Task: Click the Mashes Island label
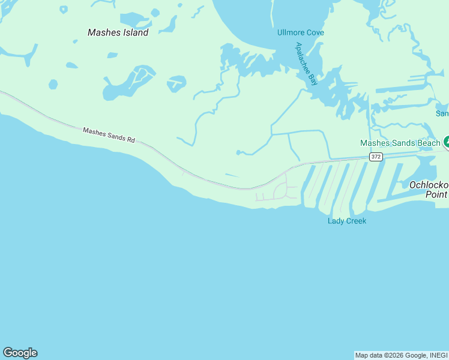pyautogui.click(x=118, y=32)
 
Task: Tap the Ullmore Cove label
pyautogui.click(x=300, y=32)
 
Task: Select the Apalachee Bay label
pyautogui.click(x=306, y=64)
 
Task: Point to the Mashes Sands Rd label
pyautogui.click(x=109, y=134)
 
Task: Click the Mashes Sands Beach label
pyautogui.click(x=400, y=143)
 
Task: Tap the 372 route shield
pyautogui.click(x=376, y=157)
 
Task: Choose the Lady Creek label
pyautogui.click(x=346, y=221)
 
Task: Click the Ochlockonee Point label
pyautogui.click(x=429, y=190)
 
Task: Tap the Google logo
pyautogui.click(x=20, y=353)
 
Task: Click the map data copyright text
pyautogui.click(x=401, y=355)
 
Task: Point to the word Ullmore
pyautogui.click(x=291, y=32)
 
